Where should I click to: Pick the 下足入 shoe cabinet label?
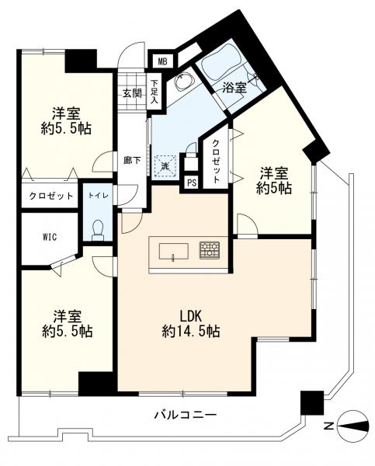(155, 92)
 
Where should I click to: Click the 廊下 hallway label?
(132, 161)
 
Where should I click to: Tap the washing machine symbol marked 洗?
(165, 165)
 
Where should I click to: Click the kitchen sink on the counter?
(174, 251)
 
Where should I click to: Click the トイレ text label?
(98, 196)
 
